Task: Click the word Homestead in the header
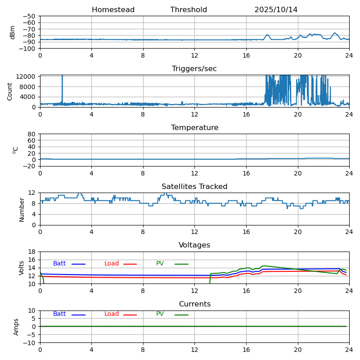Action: pyautogui.click(x=113, y=10)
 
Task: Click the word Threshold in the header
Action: pyautogui.click(x=189, y=10)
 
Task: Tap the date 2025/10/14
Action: pyautogui.click(x=276, y=10)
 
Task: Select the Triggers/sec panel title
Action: pyautogui.click(x=194, y=69)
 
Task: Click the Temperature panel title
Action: pyautogui.click(x=194, y=128)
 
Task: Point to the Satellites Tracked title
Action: pyautogui.click(x=194, y=187)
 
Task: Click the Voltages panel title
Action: pyautogui.click(x=194, y=245)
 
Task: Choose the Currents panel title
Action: pyautogui.click(x=194, y=304)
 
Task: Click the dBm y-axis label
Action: pyautogui.click(x=13, y=32)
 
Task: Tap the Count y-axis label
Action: pyautogui.click(x=10, y=91)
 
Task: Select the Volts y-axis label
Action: pyautogui.click(x=22, y=268)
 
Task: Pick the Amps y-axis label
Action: pyautogui.click(x=16, y=327)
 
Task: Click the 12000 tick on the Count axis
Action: pyautogui.click(x=26, y=76)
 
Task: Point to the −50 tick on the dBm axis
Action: pyautogui.click(x=28, y=16)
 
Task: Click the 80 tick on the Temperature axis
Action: pyautogui.click(x=31, y=134)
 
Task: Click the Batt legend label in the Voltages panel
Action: pyautogui.click(x=59, y=264)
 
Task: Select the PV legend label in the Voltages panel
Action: pyautogui.click(x=160, y=264)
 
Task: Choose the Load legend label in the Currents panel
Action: pyautogui.click(x=112, y=314)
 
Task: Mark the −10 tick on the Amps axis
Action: pyautogui.click(x=30, y=343)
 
